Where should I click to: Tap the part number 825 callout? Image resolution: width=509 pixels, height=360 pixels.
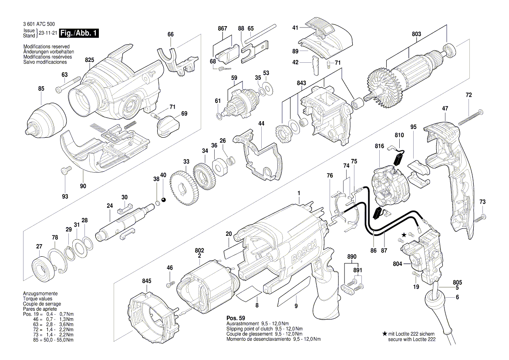tap(90, 60)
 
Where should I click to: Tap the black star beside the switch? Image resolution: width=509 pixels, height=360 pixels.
tap(404, 235)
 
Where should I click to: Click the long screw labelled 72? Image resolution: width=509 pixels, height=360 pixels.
tap(470, 115)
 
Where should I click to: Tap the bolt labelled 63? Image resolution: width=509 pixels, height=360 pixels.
tap(70, 85)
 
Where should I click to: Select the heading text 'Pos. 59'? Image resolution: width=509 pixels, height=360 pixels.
tap(236, 318)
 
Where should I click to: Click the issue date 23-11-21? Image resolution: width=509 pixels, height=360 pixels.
tap(48, 33)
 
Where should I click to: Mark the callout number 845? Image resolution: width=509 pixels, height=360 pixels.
tap(147, 281)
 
